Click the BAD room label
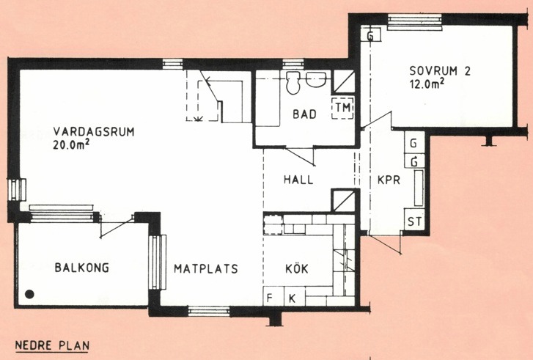(x=304, y=114)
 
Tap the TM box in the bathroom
(x=342, y=108)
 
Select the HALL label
(x=298, y=179)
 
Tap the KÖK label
(x=297, y=269)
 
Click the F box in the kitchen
(x=271, y=297)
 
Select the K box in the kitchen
(x=291, y=297)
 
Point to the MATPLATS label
(x=206, y=269)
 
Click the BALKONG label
(x=81, y=268)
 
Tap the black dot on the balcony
(x=29, y=294)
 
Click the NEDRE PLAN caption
(x=49, y=343)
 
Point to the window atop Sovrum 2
(x=415, y=22)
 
